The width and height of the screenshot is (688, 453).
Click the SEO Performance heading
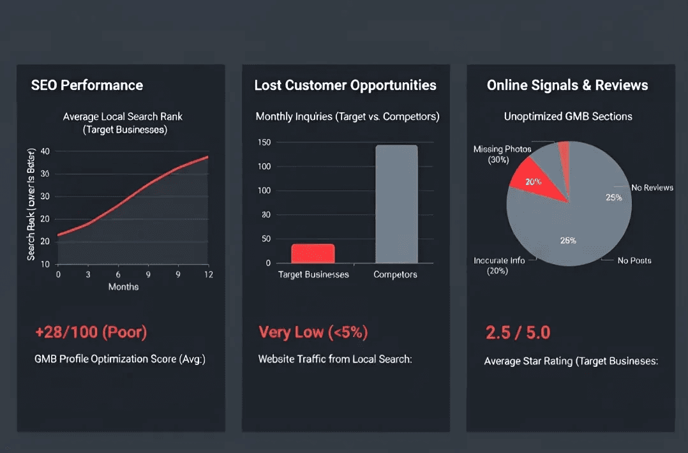pyautogui.click(x=87, y=85)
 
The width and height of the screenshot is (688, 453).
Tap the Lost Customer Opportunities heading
pyautogui.click(x=345, y=85)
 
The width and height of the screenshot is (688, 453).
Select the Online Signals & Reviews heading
pyautogui.click(x=567, y=85)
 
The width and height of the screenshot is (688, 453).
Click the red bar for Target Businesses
pyautogui.click(x=313, y=253)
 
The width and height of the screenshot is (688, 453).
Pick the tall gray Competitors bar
pyautogui.click(x=396, y=204)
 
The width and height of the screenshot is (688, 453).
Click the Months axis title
pyautogui.click(x=123, y=286)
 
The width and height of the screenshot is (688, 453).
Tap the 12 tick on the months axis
pyautogui.click(x=207, y=274)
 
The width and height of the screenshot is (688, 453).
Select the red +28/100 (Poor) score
pyautogui.click(x=91, y=332)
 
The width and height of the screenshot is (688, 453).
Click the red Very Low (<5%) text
pyautogui.click(x=313, y=332)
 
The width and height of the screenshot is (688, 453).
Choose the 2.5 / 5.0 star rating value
pyautogui.click(x=518, y=332)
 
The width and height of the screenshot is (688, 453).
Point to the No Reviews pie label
pyautogui.click(x=652, y=188)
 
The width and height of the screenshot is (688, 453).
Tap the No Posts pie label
pyautogui.click(x=634, y=260)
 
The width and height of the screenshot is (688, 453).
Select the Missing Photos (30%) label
pyautogui.click(x=502, y=154)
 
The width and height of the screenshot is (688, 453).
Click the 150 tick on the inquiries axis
pyautogui.click(x=264, y=142)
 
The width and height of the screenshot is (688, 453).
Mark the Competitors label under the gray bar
pyautogui.click(x=395, y=274)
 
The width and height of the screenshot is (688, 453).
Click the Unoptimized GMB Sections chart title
pyautogui.click(x=568, y=117)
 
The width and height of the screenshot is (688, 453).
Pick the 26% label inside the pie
pyautogui.click(x=568, y=241)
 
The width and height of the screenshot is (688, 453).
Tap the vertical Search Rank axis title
pyautogui.click(x=31, y=207)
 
